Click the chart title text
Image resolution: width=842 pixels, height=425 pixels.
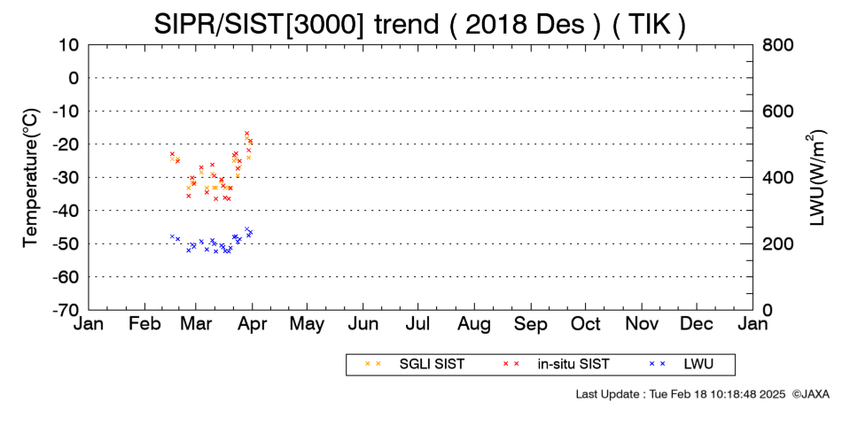coord(419,24)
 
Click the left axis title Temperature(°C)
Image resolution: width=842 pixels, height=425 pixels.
coord(31,178)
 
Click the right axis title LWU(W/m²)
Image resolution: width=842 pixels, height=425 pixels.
coord(815,178)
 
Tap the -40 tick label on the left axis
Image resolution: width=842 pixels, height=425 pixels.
coord(66,211)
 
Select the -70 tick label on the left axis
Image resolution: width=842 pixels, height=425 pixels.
coord(66,310)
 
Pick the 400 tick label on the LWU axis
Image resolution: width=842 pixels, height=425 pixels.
coord(778,177)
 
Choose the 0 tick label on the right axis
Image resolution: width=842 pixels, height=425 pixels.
coord(768,310)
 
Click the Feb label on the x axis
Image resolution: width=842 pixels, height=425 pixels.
coord(145,324)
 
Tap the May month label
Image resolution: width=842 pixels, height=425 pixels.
coord(308,324)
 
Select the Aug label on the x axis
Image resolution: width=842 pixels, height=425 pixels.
coord(474,324)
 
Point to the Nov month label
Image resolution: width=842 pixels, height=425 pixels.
coord(642,324)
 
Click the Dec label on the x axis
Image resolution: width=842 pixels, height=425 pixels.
coord(697,324)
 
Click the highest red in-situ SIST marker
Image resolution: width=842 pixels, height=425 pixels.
coord(246,133)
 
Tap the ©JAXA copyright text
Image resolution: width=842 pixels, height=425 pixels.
coord(811,394)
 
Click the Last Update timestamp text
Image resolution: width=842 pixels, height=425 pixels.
coord(681,394)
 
